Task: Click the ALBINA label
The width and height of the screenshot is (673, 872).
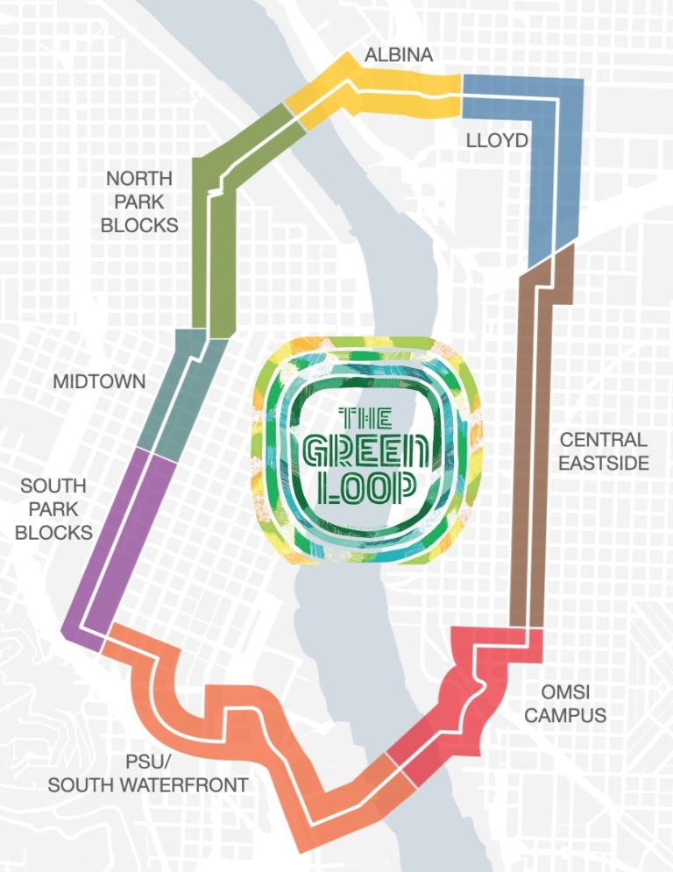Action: (399, 55)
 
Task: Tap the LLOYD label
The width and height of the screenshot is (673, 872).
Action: (496, 140)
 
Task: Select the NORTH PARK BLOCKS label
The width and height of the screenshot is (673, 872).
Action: (139, 202)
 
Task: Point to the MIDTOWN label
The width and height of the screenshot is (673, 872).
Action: (99, 382)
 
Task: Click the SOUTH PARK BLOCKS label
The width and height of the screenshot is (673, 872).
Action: (53, 508)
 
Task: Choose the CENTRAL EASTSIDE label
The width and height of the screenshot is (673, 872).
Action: (604, 450)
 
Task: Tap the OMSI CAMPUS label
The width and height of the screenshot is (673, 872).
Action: (565, 704)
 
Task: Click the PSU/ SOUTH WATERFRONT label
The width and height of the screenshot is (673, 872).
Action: (147, 773)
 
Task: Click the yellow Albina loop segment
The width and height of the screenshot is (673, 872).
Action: (386, 93)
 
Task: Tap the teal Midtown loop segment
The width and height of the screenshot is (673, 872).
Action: (184, 394)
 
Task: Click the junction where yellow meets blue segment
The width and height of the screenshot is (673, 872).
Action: (462, 95)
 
